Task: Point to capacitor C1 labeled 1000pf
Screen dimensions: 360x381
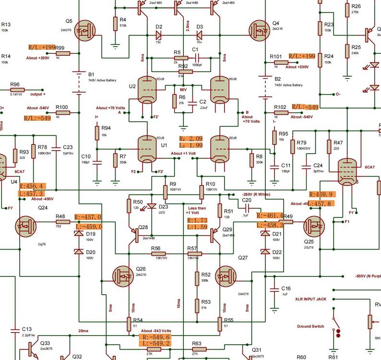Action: point(195,58)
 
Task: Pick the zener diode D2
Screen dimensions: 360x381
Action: point(159,35)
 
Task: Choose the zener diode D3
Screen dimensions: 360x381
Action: point(199,35)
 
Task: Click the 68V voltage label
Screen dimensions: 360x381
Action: point(182,89)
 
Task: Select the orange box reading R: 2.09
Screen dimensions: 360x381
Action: point(191,138)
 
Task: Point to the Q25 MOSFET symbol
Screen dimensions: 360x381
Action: point(314,225)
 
